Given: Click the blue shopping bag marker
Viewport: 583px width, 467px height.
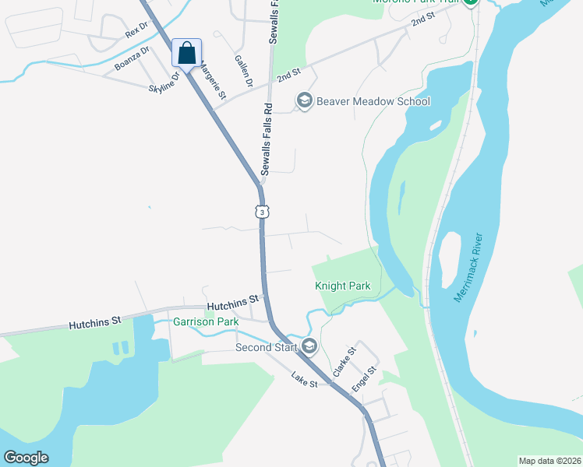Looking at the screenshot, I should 186,53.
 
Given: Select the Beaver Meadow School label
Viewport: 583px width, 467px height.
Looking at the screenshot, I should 373,101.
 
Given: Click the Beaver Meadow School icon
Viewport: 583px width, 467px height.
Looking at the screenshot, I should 304,100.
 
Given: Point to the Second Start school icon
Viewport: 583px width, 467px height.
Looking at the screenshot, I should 309,346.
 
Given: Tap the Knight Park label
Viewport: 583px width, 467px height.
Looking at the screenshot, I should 342,286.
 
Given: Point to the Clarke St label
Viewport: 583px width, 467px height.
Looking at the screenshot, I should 344,363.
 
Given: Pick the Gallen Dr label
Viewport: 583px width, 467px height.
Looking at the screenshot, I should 244,70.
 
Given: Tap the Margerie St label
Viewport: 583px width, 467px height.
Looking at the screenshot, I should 213,81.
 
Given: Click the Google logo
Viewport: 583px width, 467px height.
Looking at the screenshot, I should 26,458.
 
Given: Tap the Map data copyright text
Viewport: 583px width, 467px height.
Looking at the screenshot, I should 549,461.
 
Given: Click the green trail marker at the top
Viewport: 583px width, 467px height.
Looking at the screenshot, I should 470,2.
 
